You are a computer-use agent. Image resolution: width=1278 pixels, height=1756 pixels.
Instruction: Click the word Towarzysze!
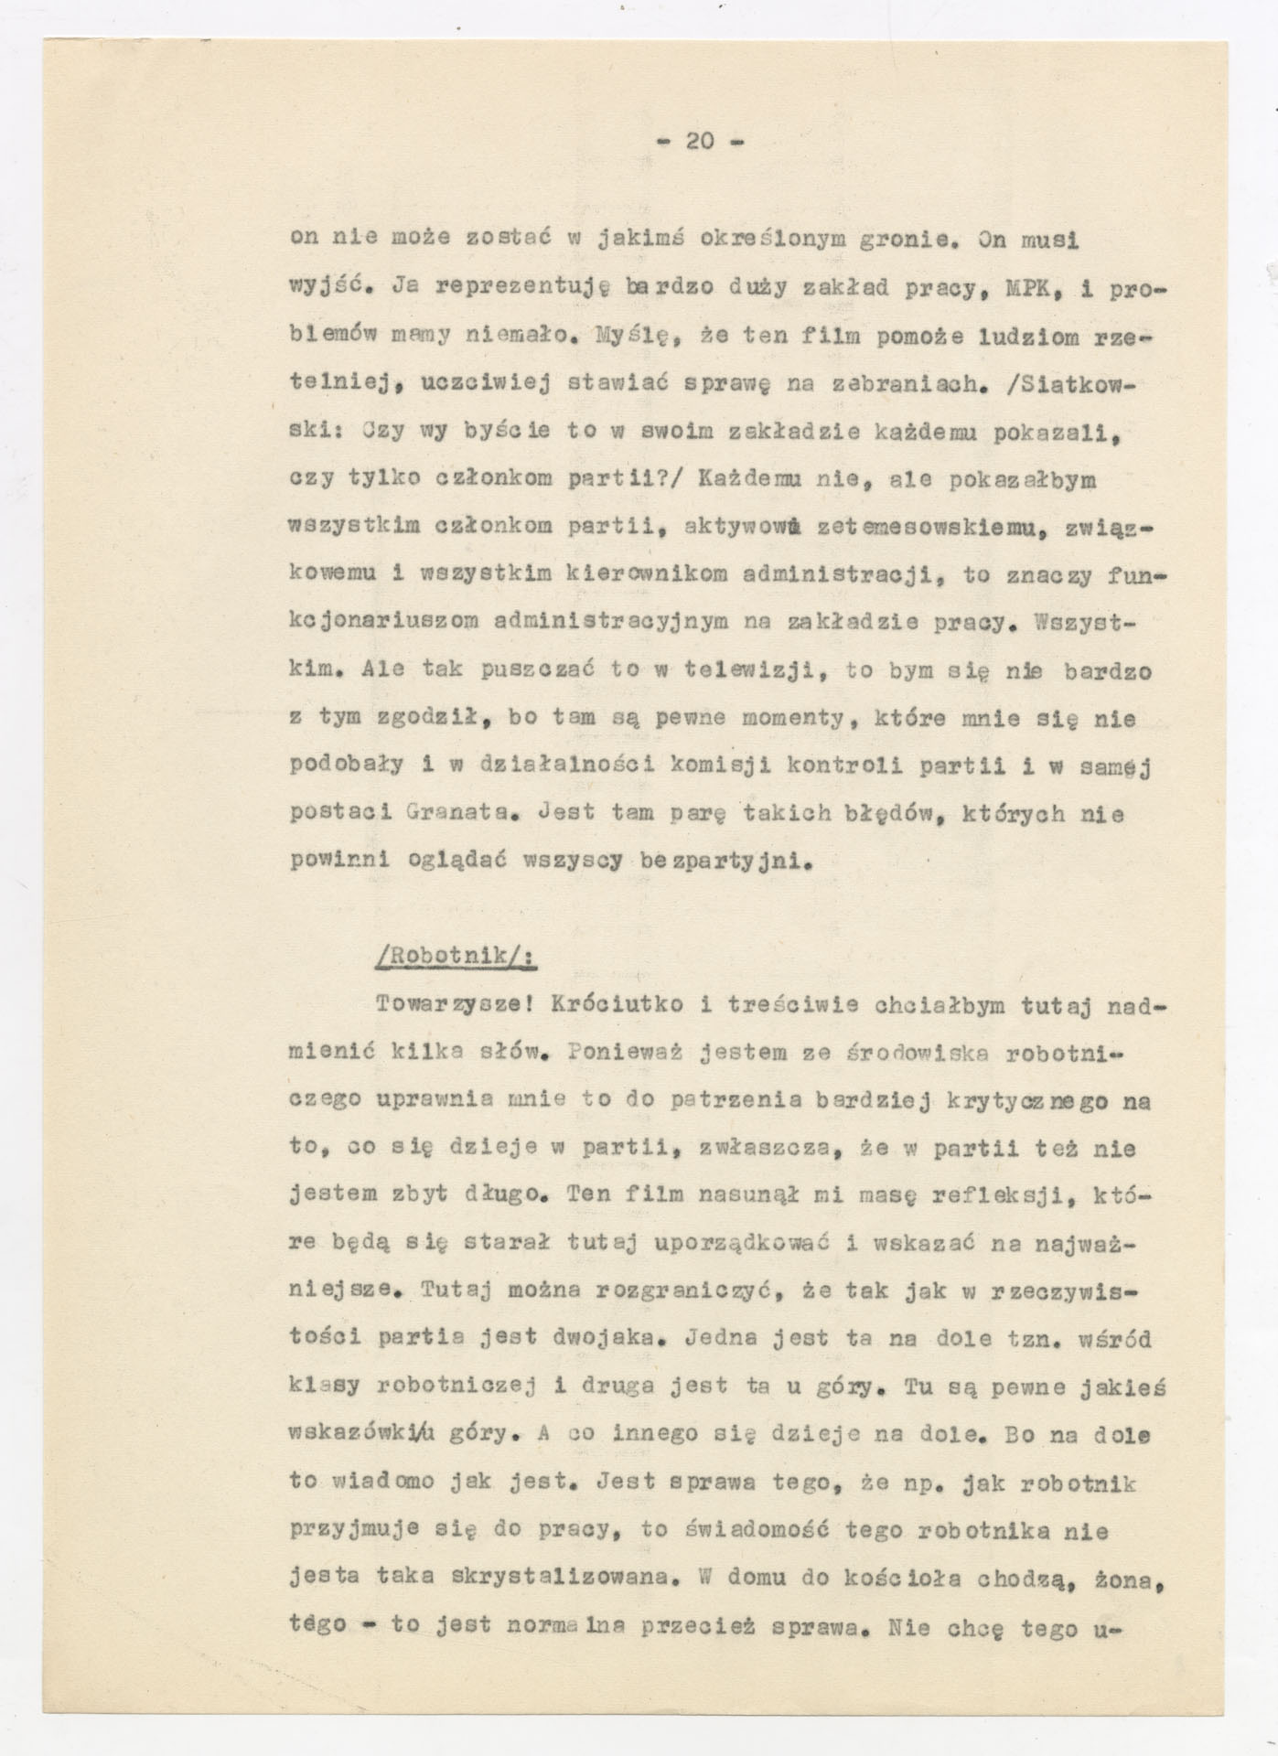click(453, 1005)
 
